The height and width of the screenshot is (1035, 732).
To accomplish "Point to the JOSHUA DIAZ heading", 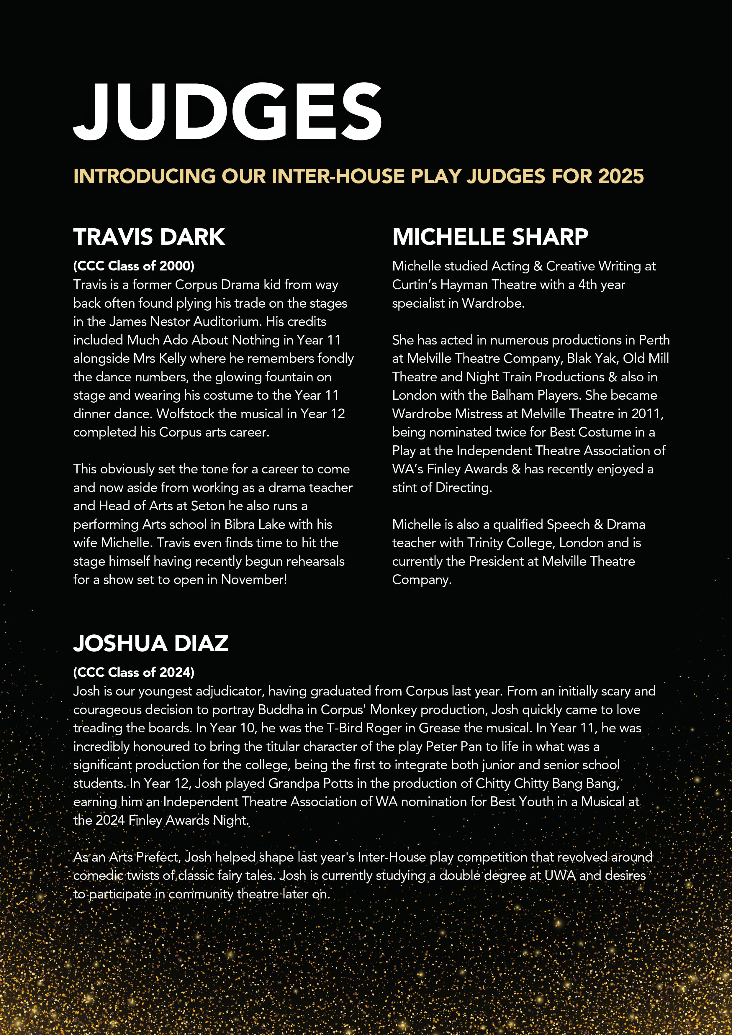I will (x=151, y=643).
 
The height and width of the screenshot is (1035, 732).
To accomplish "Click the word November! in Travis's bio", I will (x=254, y=580).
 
